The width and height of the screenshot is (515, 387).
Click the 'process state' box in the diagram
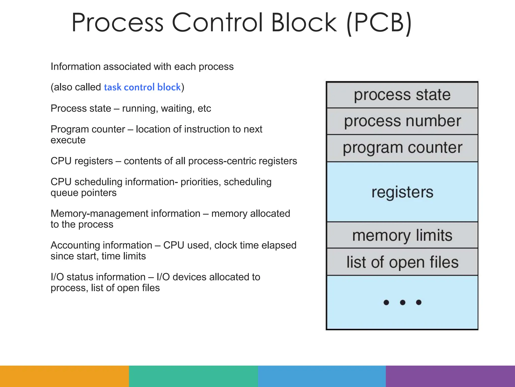[x=402, y=95]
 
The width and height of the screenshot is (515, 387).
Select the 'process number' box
[x=402, y=121]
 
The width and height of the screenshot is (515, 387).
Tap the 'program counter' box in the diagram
[x=402, y=148]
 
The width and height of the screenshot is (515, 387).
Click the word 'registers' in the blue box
[x=402, y=192]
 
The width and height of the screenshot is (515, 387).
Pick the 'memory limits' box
[x=402, y=235]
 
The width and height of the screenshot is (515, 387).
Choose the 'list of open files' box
[x=402, y=262]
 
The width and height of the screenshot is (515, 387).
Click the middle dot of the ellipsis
[x=402, y=302]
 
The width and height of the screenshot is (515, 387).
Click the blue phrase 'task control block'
[x=142, y=87]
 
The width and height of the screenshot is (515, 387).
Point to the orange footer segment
[x=64, y=376]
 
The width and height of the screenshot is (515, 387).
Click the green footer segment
[x=193, y=376]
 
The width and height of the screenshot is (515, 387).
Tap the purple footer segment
[x=450, y=376]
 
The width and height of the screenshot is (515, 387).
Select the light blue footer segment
[x=322, y=376]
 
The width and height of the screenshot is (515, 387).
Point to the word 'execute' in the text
[x=68, y=140]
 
